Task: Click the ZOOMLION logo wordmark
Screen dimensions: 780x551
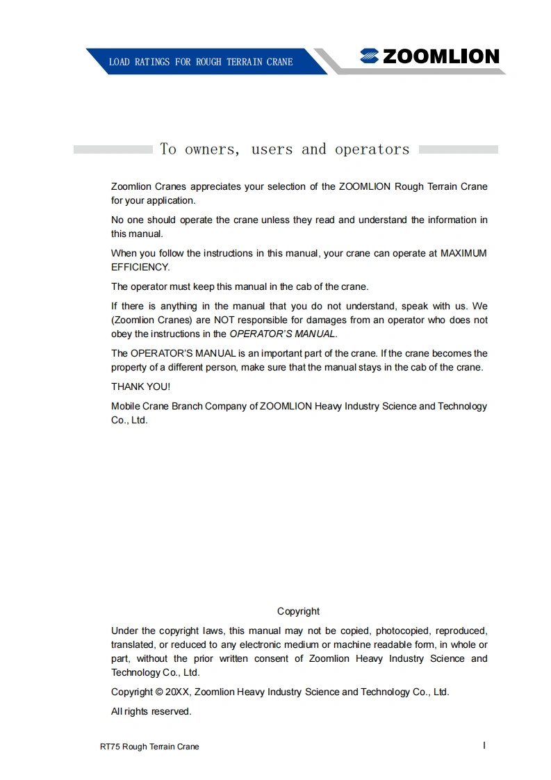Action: click(441, 57)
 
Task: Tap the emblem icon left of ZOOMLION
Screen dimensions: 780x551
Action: click(369, 57)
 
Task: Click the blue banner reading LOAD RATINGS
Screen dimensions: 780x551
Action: click(201, 62)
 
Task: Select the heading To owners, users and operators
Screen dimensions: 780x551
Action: click(285, 149)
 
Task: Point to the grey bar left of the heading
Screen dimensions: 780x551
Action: click(113, 149)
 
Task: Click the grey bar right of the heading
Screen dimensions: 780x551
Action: click(459, 149)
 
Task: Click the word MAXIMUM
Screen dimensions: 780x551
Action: click(463, 253)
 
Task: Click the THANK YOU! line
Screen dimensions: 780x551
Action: click(140, 387)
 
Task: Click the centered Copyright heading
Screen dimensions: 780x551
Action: click(298, 611)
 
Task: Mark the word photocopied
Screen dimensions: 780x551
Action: click(403, 631)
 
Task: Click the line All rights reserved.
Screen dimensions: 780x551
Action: click(151, 711)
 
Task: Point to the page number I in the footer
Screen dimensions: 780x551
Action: click(484, 745)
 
